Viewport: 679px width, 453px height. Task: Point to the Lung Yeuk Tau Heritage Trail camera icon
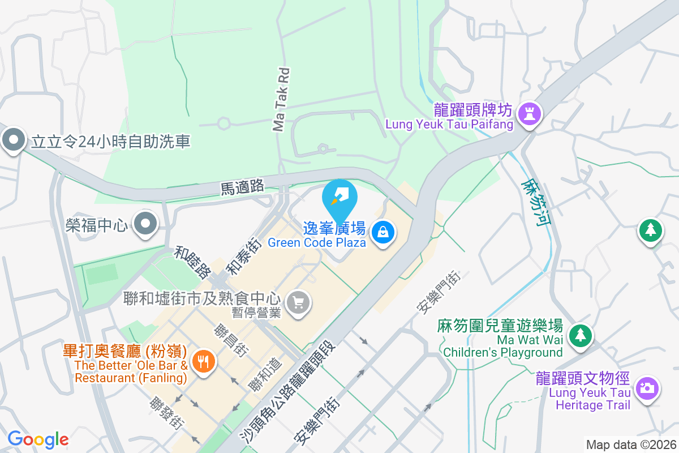(646, 388)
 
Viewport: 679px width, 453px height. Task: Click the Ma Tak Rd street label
(281, 100)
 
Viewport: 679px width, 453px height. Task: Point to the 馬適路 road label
(242, 186)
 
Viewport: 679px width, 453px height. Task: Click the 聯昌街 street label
(230, 340)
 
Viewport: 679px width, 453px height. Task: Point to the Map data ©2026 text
(631, 445)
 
